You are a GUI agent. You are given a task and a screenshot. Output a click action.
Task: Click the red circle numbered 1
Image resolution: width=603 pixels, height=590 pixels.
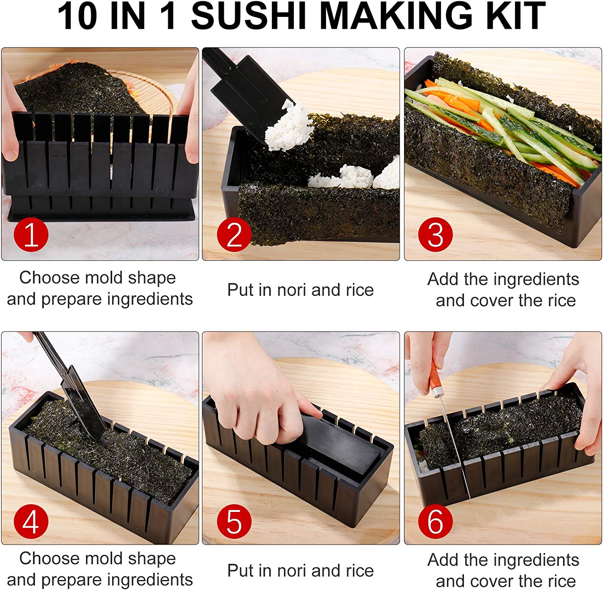click(x=31, y=235)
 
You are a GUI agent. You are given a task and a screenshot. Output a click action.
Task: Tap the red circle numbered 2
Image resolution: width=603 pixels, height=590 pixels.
click(x=234, y=235)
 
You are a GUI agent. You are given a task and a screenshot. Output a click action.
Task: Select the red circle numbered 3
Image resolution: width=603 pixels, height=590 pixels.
click(x=435, y=235)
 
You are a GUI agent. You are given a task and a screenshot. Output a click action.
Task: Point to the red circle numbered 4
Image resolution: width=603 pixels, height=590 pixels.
click(x=31, y=522)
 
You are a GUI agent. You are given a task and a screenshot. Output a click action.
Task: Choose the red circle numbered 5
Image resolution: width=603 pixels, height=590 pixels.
click(x=234, y=522)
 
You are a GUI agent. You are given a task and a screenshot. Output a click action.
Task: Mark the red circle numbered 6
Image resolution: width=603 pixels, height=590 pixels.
click(x=435, y=522)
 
